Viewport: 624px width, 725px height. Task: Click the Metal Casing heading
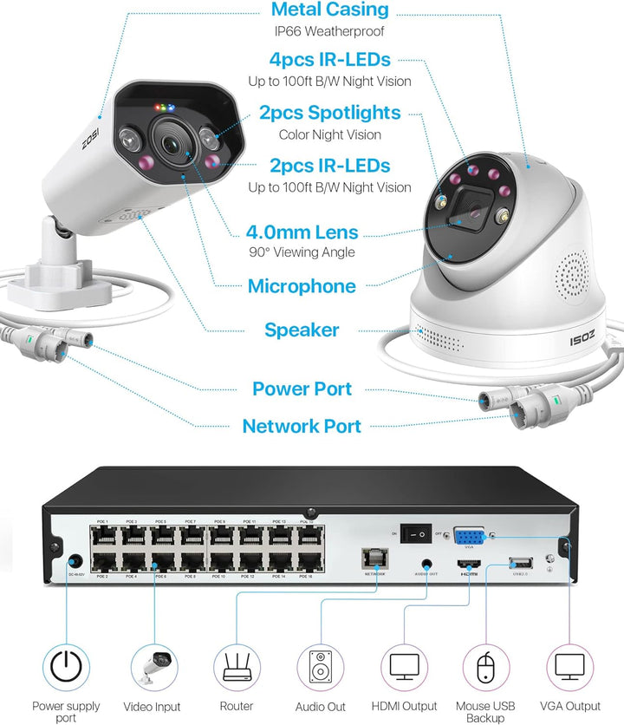pyautogui.click(x=330, y=10)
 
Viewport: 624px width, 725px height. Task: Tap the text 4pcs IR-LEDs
pyautogui.click(x=330, y=61)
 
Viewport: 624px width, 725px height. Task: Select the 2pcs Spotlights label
pyautogui.click(x=330, y=113)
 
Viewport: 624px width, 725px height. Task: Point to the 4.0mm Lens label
pyautogui.click(x=302, y=232)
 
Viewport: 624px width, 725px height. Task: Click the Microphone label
pyautogui.click(x=302, y=286)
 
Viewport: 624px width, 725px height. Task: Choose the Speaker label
pyautogui.click(x=302, y=330)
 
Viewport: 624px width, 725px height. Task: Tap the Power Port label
pyautogui.click(x=302, y=389)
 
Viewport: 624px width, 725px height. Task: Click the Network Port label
pyautogui.click(x=302, y=426)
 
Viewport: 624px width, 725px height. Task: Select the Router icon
pyautogui.click(x=236, y=667)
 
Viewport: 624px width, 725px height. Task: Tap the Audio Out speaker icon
pyautogui.click(x=320, y=667)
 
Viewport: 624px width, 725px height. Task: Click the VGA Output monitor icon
pyautogui.click(x=571, y=667)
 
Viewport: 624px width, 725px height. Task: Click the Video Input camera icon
pyautogui.click(x=153, y=667)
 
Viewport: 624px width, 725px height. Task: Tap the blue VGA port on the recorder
pyautogui.click(x=469, y=535)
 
